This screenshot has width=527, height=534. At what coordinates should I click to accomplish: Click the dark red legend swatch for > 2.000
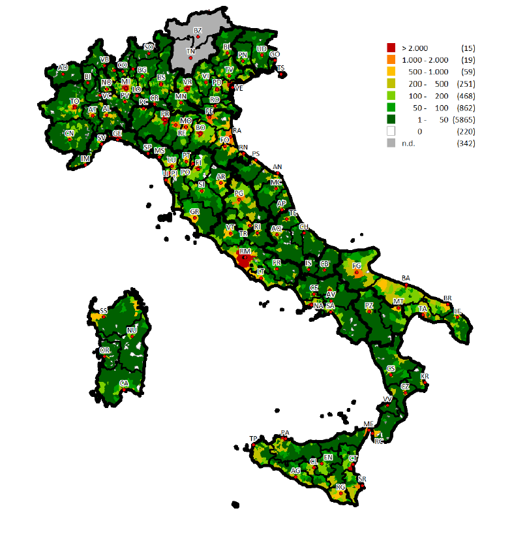(x=391, y=48)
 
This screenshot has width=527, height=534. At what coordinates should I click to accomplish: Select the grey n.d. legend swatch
(x=391, y=143)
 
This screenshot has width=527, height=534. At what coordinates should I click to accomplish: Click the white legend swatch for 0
(x=391, y=131)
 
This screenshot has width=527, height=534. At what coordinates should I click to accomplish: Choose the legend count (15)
(x=467, y=48)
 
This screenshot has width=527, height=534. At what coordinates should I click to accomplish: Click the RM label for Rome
(x=245, y=251)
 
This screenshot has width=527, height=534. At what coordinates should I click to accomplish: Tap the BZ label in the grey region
(x=198, y=31)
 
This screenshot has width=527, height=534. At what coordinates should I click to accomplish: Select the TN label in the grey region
(x=190, y=51)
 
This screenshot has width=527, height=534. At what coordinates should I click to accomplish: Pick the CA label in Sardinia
(x=124, y=383)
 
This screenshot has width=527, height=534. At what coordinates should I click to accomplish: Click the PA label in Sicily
(x=284, y=433)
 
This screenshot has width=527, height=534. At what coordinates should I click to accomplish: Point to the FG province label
(x=357, y=266)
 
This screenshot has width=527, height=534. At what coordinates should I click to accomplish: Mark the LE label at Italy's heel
(x=458, y=311)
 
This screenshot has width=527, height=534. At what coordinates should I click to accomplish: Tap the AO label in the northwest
(x=63, y=67)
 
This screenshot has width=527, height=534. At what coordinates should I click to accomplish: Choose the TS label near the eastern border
(x=280, y=68)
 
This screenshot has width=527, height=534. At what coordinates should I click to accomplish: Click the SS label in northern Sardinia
(x=104, y=311)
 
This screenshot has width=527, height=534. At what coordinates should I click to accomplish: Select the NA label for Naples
(x=318, y=306)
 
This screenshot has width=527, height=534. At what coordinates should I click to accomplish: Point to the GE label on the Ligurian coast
(x=117, y=133)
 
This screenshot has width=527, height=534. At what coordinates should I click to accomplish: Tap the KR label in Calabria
(x=425, y=377)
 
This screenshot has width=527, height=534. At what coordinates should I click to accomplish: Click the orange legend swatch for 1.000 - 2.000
(x=391, y=59)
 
